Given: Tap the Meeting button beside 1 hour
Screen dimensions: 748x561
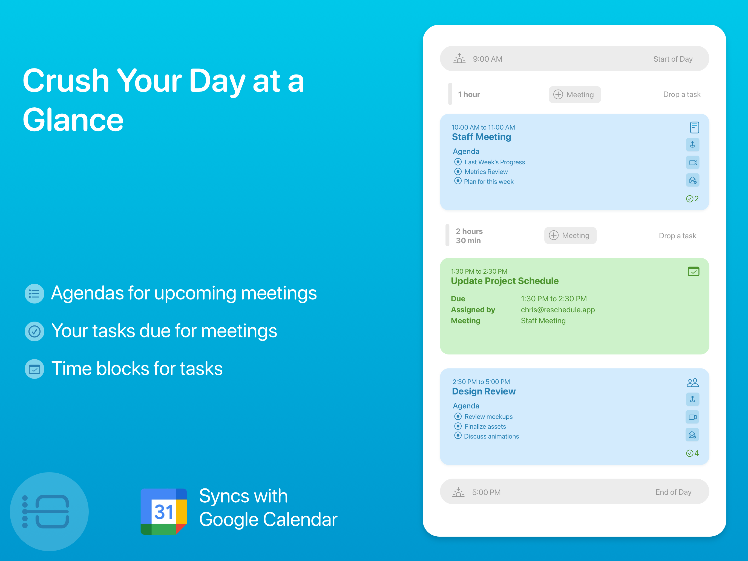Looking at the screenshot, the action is (x=574, y=95).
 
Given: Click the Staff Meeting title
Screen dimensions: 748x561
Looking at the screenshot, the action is (x=482, y=137).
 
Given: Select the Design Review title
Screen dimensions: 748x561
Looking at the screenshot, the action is (x=484, y=391).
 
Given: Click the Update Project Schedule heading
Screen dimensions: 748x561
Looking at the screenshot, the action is (x=505, y=281).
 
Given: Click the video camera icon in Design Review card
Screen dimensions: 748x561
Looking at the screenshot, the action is (x=692, y=417).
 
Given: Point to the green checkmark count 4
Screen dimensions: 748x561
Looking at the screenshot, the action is (x=692, y=453).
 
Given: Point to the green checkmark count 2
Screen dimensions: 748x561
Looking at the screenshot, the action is (x=692, y=199).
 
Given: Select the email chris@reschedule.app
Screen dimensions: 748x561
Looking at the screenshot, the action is (x=558, y=310).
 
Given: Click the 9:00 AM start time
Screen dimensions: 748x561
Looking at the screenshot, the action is (x=488, y=59).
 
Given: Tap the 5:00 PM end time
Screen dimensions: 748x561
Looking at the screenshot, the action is (x=486, y=492).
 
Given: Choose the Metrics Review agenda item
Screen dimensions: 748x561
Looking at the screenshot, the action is (x=486, y=171).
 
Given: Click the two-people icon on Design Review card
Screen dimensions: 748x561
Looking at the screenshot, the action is (x=692, y=383).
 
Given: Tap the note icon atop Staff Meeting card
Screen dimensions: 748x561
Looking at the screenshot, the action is (x=694, y=128).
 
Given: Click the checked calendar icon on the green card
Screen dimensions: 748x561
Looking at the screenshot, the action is (x=693, y=271).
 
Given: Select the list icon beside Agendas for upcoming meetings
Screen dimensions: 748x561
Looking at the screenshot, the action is (x=34, y=293).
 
